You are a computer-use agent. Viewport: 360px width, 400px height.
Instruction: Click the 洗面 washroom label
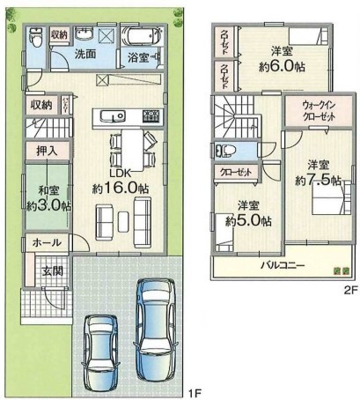(x=85, y=54)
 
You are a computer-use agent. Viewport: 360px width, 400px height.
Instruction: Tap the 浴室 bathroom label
(x=138, y=57)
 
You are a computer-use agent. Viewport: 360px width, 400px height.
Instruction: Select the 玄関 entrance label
(x=52, y=271)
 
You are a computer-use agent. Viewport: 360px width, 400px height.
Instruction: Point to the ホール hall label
(x=47, y=242)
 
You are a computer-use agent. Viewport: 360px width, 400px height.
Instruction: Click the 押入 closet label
(x=47, y=151)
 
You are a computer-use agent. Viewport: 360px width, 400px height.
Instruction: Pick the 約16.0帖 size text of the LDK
(x=121, y=189)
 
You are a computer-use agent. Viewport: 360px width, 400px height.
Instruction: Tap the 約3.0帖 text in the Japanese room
(x=48, y=206)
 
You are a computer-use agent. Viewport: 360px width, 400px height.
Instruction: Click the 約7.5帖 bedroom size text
(x=318, y=180)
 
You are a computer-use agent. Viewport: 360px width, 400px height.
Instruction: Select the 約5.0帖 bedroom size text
(x=248, y=221)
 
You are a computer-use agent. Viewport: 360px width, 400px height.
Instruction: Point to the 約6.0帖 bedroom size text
(x=282, y=67)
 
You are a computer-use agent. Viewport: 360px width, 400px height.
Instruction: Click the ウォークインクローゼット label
(x=319, y=111)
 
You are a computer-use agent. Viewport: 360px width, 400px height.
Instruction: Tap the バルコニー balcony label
(x=283, y=266)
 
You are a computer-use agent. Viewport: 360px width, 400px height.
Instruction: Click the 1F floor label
(x=194, y=393)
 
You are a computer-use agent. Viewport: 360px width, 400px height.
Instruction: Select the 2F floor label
(x=351, y=291)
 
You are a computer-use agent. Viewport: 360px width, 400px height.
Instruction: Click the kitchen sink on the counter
(x=113, y=116)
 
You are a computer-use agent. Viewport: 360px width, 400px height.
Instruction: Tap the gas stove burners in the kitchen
(x=152, y=116)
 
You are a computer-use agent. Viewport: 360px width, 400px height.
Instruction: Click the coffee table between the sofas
(x=123, y=222)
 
